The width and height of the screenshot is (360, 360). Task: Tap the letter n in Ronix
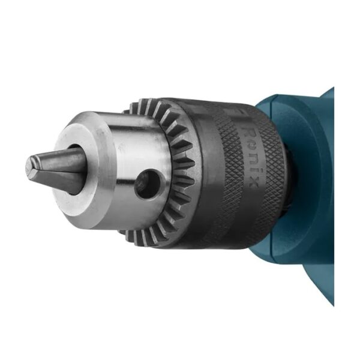pyautogui.click(x=252, y=158)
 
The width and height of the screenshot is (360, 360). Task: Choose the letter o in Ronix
pyautogui.click(x=251, y=147)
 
